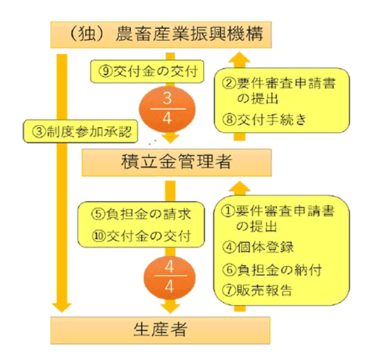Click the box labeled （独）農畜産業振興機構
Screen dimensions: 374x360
click(x=161, y=35)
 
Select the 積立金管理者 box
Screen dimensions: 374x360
click(x=176, y=162)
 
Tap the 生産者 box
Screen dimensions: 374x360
click(x=160, y=330)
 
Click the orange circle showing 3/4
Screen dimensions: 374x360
click(x=167, y=109)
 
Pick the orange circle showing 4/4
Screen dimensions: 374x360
click(x=169, y=277)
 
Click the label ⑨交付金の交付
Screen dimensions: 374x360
click(x=147, y=72)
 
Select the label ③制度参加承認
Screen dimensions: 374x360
click(x=81, y=131)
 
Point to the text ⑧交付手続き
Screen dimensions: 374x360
click(x=264, y=120)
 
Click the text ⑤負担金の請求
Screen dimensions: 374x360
click(x=141, y=214)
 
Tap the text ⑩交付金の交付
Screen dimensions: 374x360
click(x=141, y=236)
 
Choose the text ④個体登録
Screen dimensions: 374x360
click(x=258, y=247)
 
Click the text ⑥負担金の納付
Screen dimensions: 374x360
click(x=272, y=270)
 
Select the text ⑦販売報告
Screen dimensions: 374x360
click(x=257, y=290)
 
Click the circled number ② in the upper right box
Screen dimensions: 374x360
click(x=228, y=84)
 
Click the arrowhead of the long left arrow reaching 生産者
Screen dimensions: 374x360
click(x=62, y=307)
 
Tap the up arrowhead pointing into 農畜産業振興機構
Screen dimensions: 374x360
click(x=239, y=57)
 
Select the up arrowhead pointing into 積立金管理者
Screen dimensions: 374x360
click(x=239, y=186)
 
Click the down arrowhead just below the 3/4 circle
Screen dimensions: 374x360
click(x=170, y=139)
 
